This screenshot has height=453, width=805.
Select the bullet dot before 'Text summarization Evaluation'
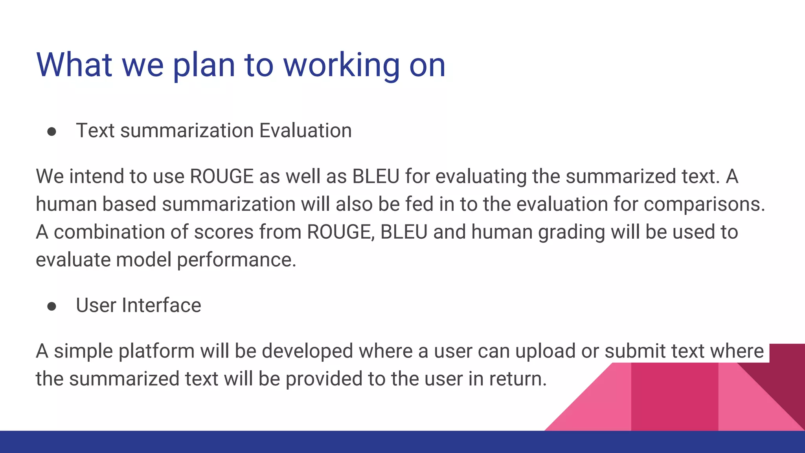pyautogui.click(x=51, y=132)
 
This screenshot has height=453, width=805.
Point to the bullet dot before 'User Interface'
pyautogui.click(x=51, y=306)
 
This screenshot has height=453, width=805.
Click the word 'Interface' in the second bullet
pyautogui.click(x=162, y=306)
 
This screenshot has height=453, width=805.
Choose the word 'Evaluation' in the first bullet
pyautogui.click(x=305, y=131)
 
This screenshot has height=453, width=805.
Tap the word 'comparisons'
pyautogui.click(x=704, y=204)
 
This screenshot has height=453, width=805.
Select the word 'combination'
pyautogui.click(x=109, y=232)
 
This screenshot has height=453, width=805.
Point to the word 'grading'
pyautogui.click(x=571, y=232)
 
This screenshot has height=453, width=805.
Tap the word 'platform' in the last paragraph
pyautogui.click(x=156, y=351)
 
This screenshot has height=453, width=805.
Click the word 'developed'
pyautogui.click(x=307, y=351)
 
